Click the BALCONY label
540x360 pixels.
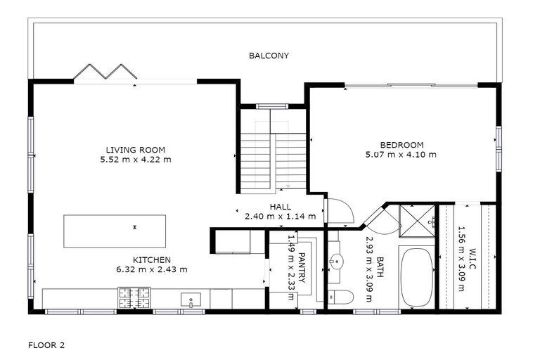pos(269,56)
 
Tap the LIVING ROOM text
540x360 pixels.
pos(135,150)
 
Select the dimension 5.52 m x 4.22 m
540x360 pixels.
pos(135,160)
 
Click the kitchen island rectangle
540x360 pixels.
pos(115,231)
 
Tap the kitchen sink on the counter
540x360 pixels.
pos(190,300)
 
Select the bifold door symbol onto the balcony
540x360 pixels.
pos(105,72)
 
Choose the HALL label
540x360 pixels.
pos(280,207)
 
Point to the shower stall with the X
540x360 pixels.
pos(418,221)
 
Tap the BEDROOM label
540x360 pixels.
pos(401,145)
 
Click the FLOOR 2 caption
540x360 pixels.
pos(46,345)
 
